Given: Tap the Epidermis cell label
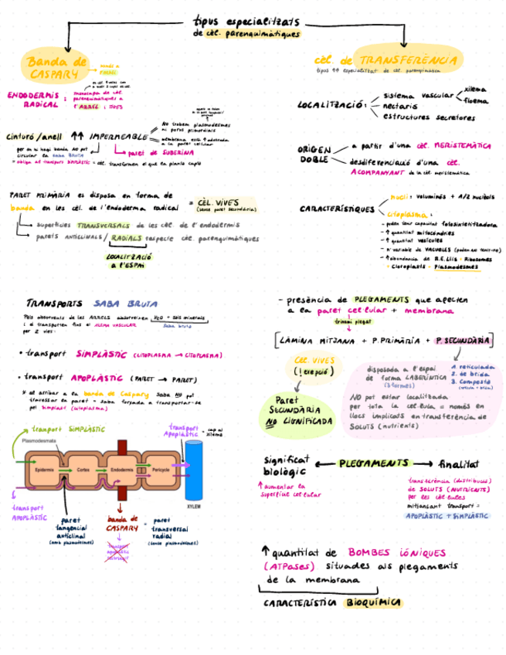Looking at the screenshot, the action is point(44,470).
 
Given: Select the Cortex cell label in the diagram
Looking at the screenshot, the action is point(83,470).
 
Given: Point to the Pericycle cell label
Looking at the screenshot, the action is point(161,470).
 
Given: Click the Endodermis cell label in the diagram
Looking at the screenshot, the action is point(121,470).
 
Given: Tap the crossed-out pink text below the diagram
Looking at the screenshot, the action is point(117,550).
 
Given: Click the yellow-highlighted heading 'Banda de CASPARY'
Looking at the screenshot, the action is point(56,67).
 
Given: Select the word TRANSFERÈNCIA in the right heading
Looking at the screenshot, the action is point(409,59).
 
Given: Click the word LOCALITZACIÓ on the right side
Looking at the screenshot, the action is point(331,104).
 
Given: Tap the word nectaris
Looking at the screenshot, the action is point(401,106).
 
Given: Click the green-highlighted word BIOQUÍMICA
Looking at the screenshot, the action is point(374,602).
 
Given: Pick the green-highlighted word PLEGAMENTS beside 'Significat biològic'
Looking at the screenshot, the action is point(374,463).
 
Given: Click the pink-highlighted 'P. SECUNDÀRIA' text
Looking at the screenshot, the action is point(462,340).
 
